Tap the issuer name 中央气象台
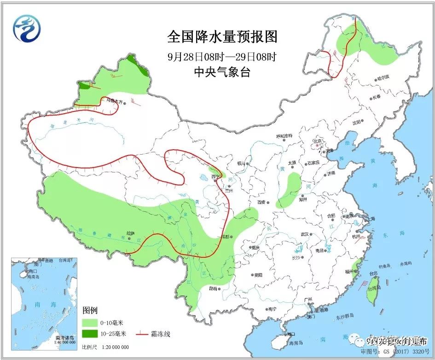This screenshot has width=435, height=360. pyautogui.click(x=222, y=72)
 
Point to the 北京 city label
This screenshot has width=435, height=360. pyautogui.click(x=317, y=141)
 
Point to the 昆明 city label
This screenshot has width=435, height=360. pyautogui.click(x=212, y=289)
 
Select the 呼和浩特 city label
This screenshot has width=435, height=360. pyautogui.click(x=284, y=136)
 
